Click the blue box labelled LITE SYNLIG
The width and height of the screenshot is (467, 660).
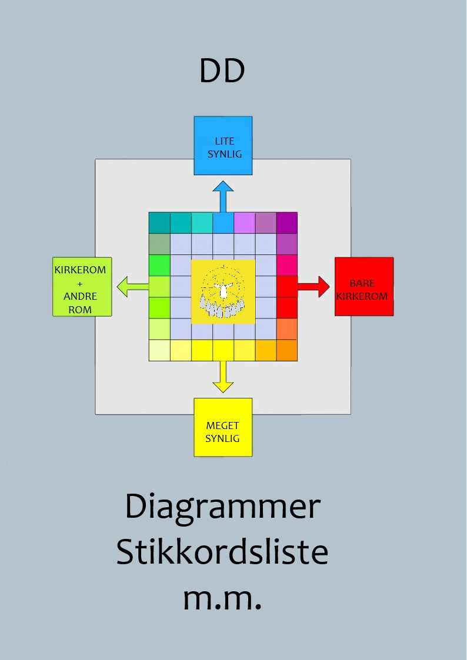tap(223, 146)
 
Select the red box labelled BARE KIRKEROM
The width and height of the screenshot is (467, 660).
tap(364, 287)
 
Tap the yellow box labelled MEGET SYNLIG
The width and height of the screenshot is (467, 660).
tap(223, 427)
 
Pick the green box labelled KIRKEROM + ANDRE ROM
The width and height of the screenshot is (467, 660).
tap(82, 287)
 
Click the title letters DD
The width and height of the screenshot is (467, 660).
tap(222, 71)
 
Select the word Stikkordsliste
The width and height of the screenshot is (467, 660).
tap(222, 552)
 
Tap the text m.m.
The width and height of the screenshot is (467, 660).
tap(222, 598)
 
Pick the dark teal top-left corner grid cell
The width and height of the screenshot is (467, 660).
tap(159, 223)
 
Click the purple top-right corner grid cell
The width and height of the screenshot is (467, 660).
tap(287, 223)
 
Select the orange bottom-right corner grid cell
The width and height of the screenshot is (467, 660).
tap(287, 350)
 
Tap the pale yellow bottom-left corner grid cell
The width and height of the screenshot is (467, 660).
tap(159, 350)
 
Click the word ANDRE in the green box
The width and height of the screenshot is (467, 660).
tap(80, 296)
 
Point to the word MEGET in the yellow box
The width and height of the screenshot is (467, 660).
tap(222, 426)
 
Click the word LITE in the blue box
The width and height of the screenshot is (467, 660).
tap(224, 142)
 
